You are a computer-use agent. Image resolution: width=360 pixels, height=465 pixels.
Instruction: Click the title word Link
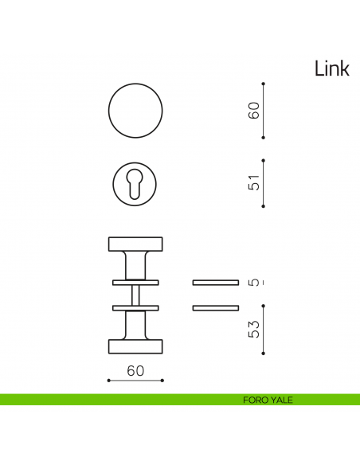(331, 69)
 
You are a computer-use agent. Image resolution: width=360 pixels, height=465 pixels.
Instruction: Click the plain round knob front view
(135, 110)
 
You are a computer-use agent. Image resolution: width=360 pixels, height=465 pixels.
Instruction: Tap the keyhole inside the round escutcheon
(135, 184)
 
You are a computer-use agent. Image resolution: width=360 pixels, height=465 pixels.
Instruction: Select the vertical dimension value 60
(254, 111)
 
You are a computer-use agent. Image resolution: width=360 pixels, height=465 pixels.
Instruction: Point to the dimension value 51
(254, 182)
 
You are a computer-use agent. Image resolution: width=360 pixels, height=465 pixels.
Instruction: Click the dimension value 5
(254, 282)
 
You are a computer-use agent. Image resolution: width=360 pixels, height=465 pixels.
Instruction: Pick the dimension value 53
(254, 329)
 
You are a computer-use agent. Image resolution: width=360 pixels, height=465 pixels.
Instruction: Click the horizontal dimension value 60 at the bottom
(135, 370)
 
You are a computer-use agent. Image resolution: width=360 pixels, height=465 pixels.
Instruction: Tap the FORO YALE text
(268, 400)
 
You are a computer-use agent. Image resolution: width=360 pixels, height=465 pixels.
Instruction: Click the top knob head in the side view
(135, 243)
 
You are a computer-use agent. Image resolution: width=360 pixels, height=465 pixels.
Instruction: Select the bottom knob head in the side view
(135, 345)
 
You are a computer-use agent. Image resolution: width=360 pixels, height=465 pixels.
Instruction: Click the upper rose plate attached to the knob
(135, 282)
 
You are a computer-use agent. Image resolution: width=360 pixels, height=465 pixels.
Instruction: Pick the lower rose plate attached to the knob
(135, 307)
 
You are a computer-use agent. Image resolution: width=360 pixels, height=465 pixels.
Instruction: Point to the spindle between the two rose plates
(135, 295)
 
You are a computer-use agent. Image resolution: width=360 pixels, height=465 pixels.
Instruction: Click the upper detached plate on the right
(216, 282)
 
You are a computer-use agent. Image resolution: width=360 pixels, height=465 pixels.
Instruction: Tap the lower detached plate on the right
(216, 307)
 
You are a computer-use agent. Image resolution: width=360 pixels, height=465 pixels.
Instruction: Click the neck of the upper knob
(135, 264)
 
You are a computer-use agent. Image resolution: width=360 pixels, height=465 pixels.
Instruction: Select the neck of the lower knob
(135, 324)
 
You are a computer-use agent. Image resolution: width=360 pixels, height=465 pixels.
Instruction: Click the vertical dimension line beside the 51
(264, 182)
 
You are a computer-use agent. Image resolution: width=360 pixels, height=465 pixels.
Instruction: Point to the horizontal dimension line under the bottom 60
(135, 381)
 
